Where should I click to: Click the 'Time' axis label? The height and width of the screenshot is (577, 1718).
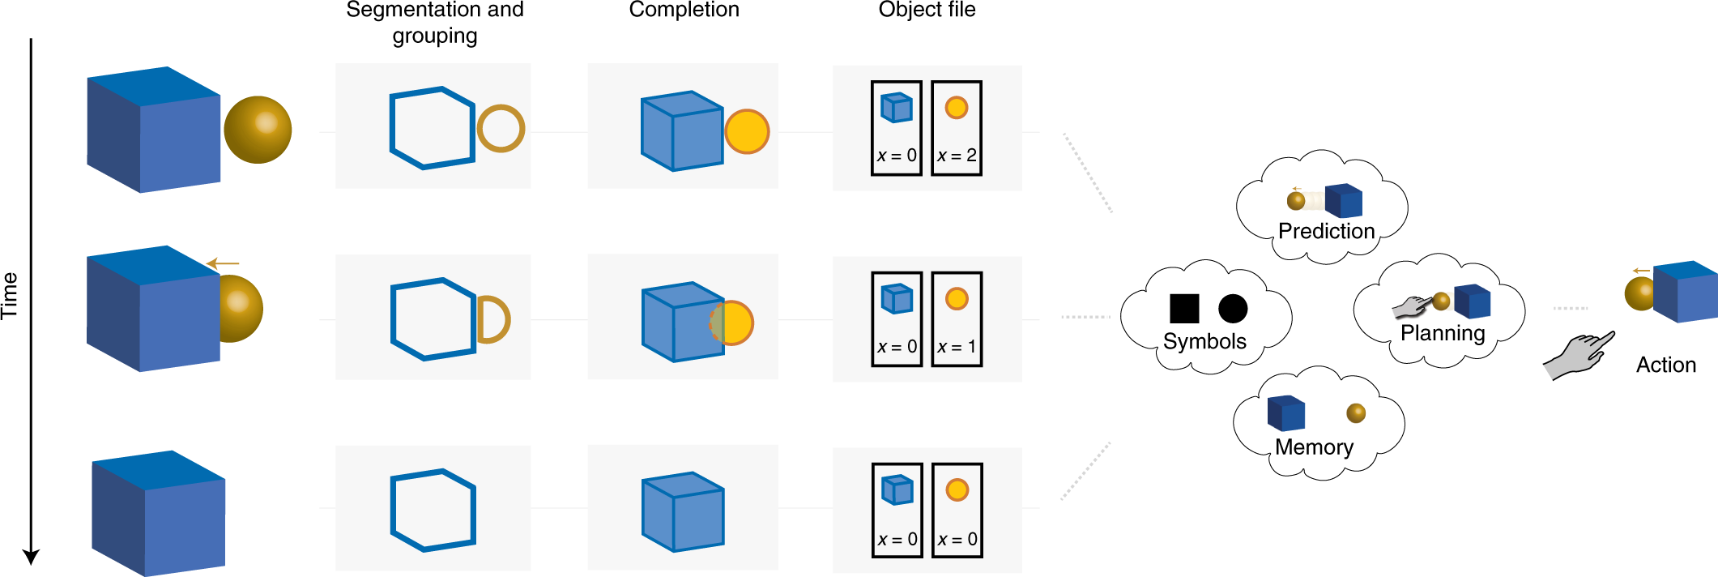10,296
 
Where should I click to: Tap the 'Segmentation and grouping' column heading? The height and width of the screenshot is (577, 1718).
435,22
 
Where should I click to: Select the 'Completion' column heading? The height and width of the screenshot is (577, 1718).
684,10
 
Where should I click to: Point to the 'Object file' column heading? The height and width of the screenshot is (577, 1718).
927,10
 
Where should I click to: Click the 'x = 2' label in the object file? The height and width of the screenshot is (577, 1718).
957,156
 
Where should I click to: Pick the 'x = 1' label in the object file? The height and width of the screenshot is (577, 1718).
957,347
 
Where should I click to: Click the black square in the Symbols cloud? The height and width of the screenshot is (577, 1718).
1184,308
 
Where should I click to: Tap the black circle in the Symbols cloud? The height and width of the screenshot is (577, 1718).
1233,308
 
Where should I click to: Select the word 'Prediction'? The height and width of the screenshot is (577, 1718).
1326,231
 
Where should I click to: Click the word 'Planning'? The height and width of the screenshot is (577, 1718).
1443,333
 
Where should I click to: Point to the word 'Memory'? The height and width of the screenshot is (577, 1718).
1314,447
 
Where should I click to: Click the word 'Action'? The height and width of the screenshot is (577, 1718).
1665,365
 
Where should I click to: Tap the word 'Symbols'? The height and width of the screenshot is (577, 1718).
1204,341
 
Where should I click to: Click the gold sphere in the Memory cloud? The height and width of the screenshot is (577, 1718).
1356,413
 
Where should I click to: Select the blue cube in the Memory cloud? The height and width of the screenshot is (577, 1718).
1285,412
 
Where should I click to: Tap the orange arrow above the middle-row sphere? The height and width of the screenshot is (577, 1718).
223,263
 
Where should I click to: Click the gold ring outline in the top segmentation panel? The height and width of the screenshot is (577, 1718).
501,129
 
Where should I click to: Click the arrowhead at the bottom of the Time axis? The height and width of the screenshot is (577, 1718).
31,557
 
